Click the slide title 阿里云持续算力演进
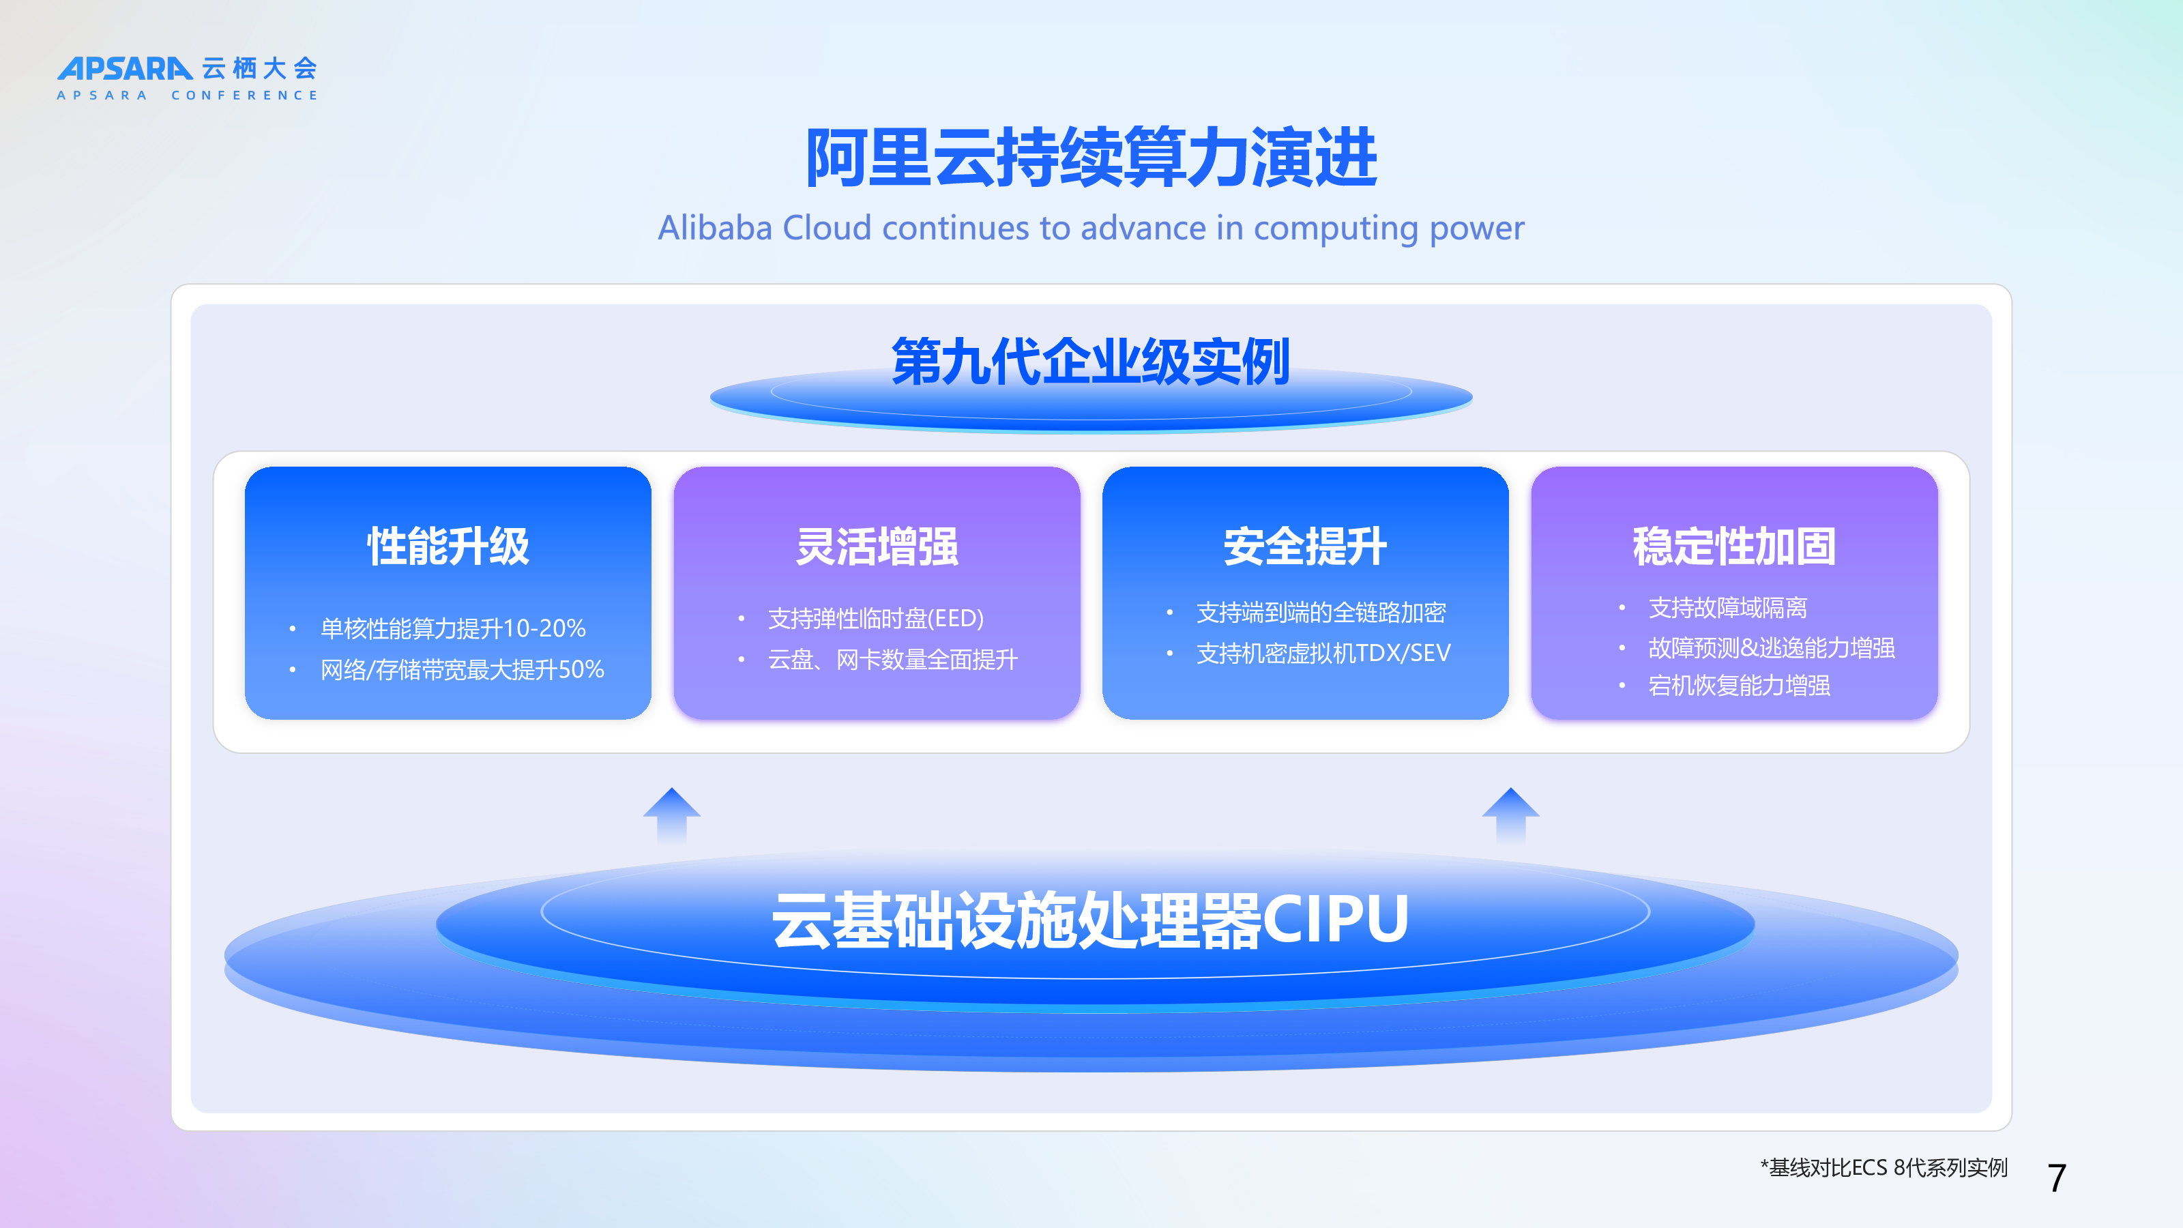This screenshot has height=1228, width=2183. [1091, 158]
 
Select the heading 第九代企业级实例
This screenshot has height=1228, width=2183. [1091, 362]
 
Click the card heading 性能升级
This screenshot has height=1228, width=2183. [448, 546]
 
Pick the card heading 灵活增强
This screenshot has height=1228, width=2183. [877, 546]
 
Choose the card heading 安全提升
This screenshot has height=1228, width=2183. [1305, 546]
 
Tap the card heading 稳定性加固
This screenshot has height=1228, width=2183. [1735, 546]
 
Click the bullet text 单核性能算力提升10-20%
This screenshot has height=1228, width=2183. [454, 629]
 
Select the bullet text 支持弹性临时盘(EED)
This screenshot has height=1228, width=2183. [876, 619]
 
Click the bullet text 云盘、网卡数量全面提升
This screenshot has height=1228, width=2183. [893, 659]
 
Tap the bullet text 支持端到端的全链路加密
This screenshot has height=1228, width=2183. [1321, 613]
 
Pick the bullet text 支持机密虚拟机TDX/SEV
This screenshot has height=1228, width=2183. [1323, 654]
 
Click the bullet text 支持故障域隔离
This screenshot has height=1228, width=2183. [1728, 608]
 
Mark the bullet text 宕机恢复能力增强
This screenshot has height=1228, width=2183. [1739, 685]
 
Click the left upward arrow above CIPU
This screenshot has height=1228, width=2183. [672, 815]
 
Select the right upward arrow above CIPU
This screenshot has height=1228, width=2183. [1511, 815]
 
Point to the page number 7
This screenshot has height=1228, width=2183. [2057, 1178]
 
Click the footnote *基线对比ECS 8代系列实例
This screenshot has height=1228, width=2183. [1884, 1168]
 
